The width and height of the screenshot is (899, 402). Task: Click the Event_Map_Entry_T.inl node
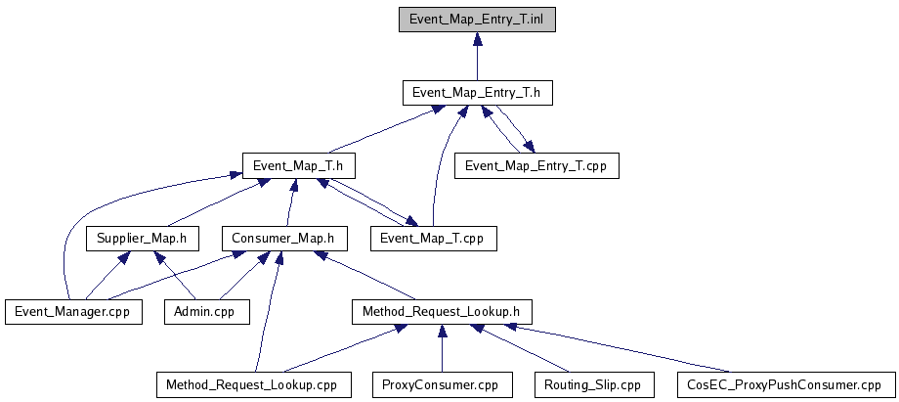[477, 20]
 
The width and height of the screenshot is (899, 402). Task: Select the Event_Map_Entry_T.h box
[477, 93]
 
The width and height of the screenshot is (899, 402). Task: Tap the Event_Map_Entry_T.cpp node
[536, 165]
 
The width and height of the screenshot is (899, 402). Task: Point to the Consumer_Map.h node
[282, 238]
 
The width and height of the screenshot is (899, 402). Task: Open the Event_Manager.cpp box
[72, 311]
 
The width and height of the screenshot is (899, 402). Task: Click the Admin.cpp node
[205, 311]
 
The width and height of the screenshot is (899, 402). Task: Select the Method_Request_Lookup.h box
[441, 311]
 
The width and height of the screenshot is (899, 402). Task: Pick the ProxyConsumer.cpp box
[441, 384]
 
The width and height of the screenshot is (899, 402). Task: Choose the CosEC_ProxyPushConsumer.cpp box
[784, 384]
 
